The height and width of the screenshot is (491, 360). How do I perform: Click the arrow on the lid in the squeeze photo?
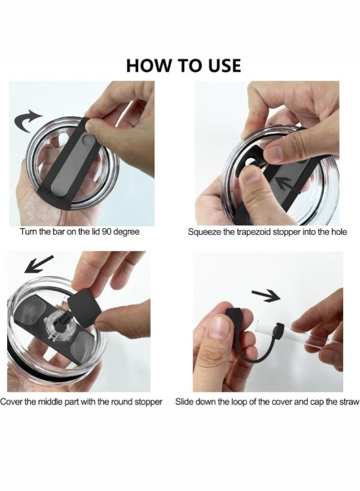click(285, 184)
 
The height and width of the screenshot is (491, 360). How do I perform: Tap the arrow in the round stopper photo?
click(39, 264)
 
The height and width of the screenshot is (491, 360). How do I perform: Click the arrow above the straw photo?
click(266, 295)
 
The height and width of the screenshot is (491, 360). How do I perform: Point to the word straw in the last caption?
click(349, 402)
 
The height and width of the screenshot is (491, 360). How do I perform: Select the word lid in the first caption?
click(95, 232)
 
